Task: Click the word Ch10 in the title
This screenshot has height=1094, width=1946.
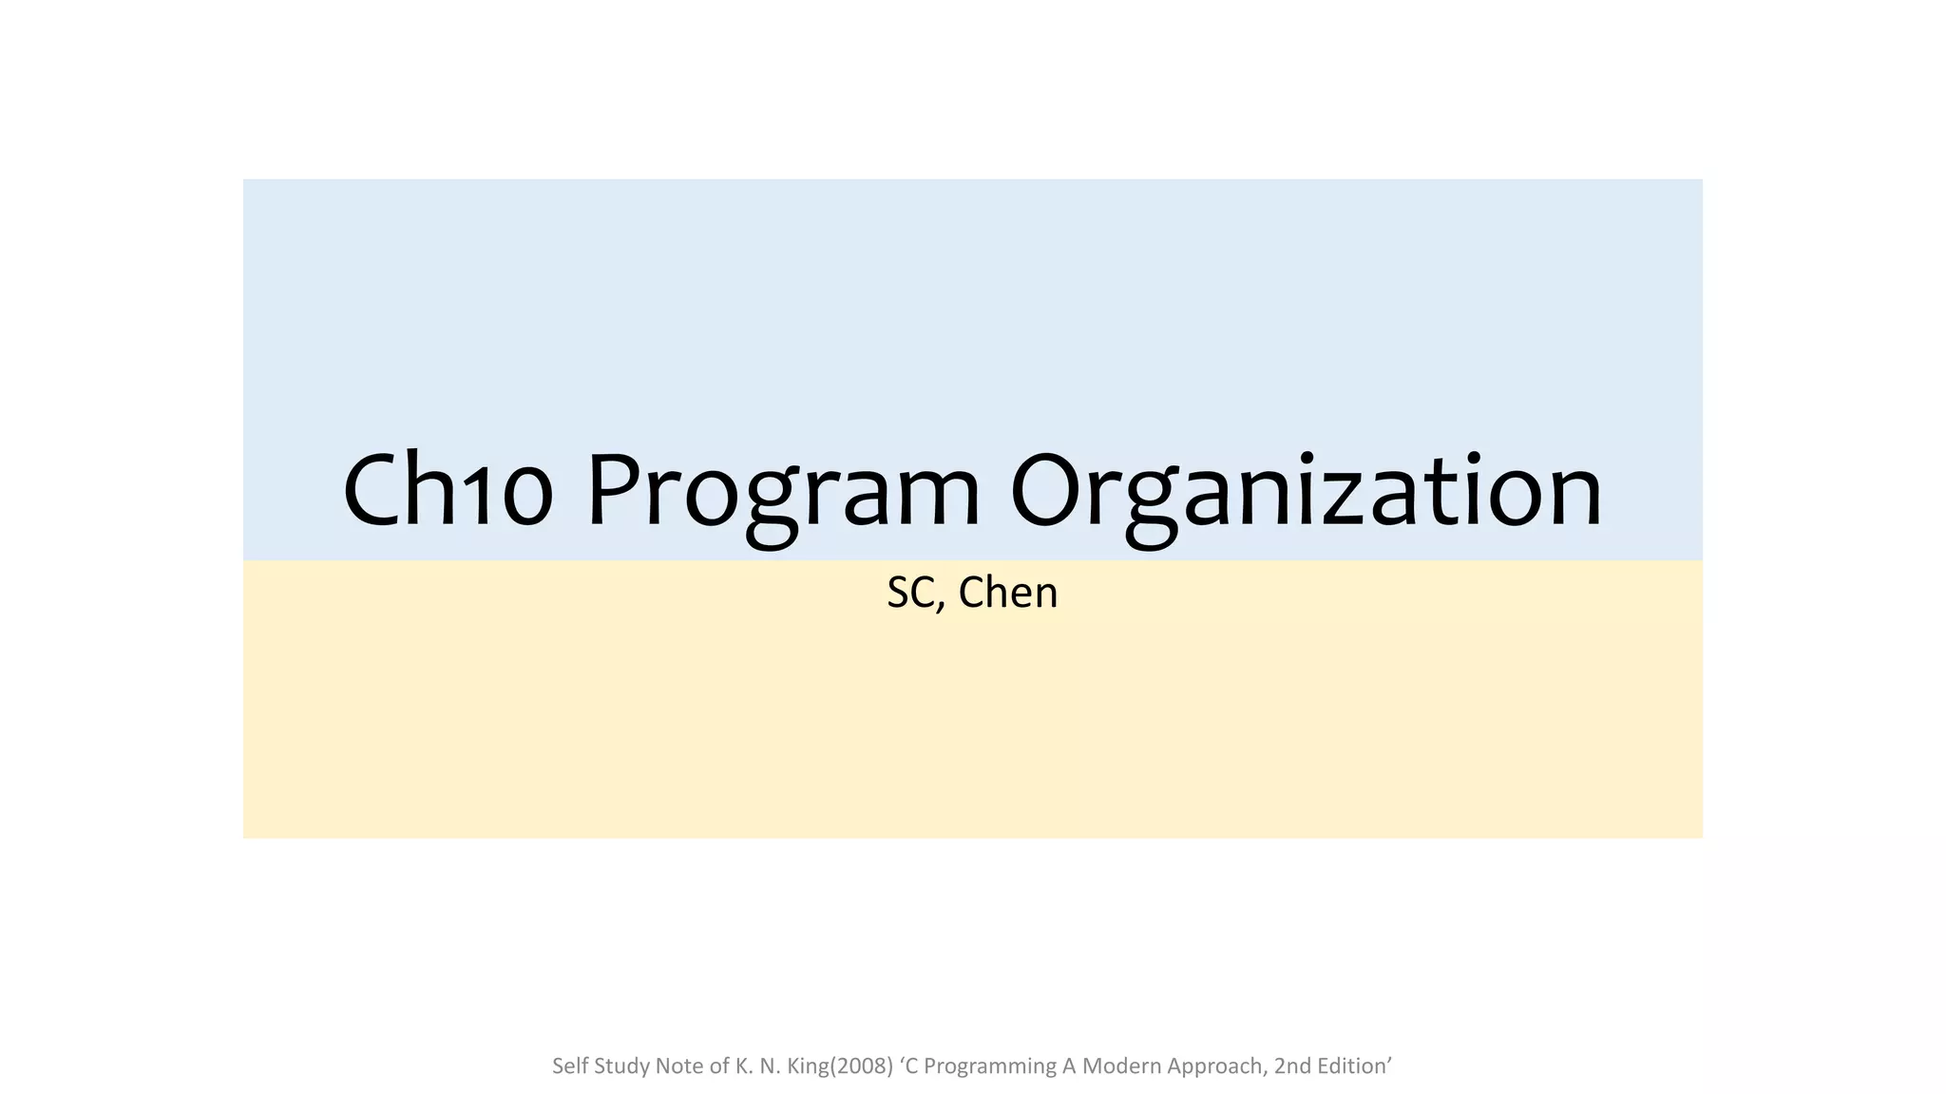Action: click(x=447, y=492)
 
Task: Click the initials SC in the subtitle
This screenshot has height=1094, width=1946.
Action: click(x=910, y=593)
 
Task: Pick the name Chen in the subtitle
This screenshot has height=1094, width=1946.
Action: click(x=1008, y=593)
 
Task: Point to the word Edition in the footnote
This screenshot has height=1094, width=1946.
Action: click(x=1353, y=1066)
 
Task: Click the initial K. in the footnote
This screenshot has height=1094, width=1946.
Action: click(x=744, y=1066)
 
